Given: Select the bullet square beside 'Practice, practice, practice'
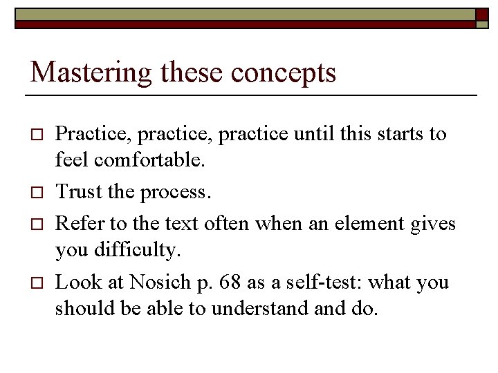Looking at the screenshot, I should pos(37,135).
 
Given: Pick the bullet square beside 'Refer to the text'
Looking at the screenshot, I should pos(37,224).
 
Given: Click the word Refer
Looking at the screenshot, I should pos(75,222).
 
